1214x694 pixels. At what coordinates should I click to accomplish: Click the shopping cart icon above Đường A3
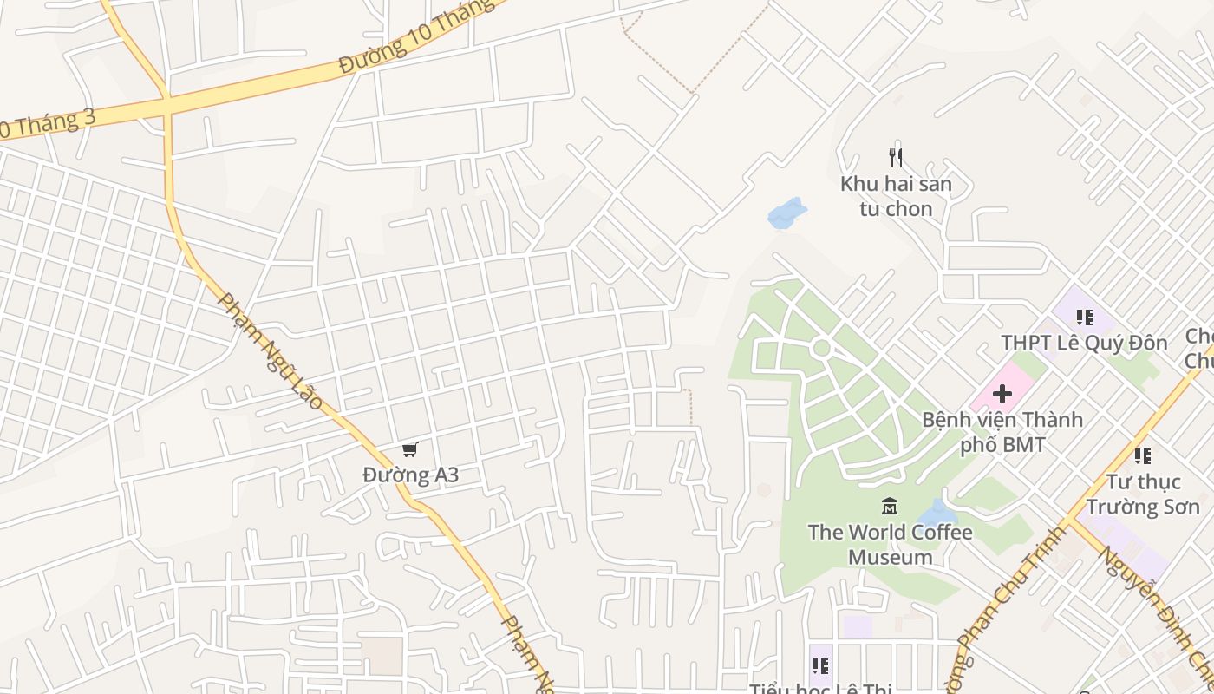tap(410, 449)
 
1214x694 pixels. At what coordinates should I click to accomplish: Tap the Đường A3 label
tap(410, 475)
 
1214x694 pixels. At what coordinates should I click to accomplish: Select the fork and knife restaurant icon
tap(896, 158)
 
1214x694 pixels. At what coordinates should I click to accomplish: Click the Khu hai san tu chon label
tap(896, 196)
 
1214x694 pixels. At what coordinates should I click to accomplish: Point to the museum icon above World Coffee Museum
tap(889, 506)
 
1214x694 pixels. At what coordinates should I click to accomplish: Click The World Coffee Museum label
tap(890, 544)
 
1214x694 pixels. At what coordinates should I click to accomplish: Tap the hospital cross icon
tap(1002, 394)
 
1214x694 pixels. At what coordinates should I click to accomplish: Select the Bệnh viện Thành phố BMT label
tap(1002, 432)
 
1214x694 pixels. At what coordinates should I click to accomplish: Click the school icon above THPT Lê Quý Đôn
tap(1084, 318)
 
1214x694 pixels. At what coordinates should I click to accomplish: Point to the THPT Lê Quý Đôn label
tap(1084, 343)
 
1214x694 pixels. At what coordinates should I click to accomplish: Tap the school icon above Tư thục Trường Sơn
tap(1142, 455)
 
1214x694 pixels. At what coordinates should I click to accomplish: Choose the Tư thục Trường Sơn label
tap(1142, 494)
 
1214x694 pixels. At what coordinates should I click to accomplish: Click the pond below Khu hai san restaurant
tap(786, 213)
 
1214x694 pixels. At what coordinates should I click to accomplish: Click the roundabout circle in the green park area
tap(821, 349)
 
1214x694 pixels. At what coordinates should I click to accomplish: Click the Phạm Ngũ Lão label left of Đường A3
tap(269, 350)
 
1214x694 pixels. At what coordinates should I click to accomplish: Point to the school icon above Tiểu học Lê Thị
tap(819, 666)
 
